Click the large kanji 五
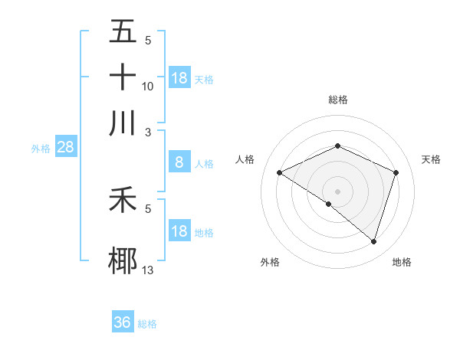click(x=123, y=32)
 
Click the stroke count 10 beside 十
click(x=148, y=87)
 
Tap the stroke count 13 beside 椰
click(x=148, y=270)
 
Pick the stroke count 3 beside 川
click(x=148, y=131)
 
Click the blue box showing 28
click(x=65, y=148)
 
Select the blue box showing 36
click(x=123, y=322)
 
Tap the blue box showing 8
click(x=179, y=162)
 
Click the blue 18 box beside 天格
click(x=179, y=78)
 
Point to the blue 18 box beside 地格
click(x=179, y=231)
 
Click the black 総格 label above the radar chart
click(x=337, y=100)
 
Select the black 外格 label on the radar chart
click(x=270, y=263)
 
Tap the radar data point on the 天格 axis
click(x=396, y=172)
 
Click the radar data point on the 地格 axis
click(x=373, y=241)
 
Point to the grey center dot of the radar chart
click(x=337, y=191)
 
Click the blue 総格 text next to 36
click(x=147, y=324)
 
